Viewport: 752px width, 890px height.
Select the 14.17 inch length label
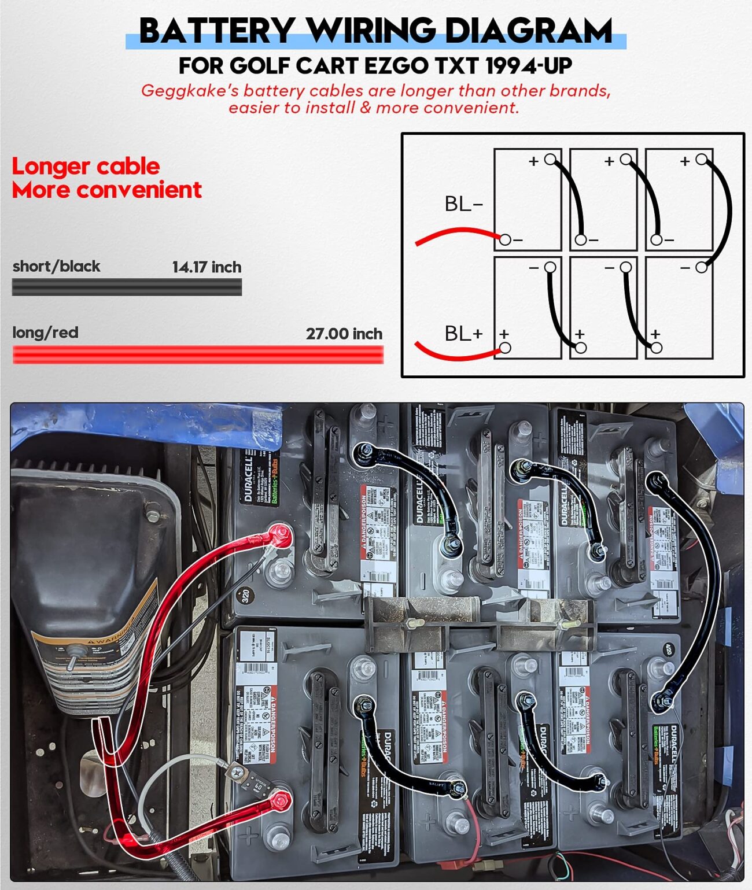[207, 267]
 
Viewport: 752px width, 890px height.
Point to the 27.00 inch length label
[344, 334]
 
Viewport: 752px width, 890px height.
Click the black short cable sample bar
[127, 287]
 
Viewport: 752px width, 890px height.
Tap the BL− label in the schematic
[463, 204]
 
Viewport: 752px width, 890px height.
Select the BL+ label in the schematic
[463, 334]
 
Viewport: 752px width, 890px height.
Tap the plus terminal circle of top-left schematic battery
[551, 159]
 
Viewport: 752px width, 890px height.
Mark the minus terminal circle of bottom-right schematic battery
[702, 267]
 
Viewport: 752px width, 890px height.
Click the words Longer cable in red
[86, 167]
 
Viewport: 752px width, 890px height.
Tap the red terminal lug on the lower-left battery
[280, 801]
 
